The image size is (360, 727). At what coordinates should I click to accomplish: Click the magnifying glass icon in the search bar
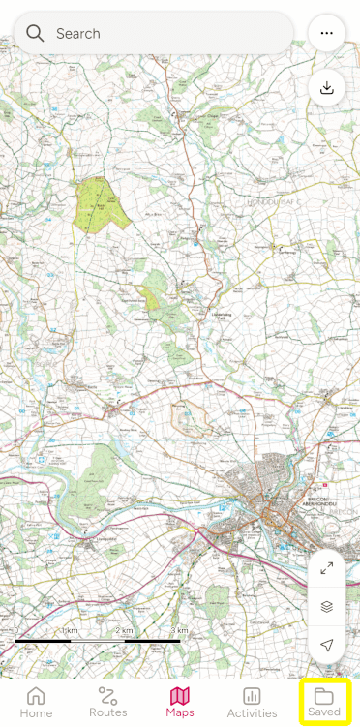[35, 33]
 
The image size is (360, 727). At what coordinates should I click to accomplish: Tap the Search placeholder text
[78, 33]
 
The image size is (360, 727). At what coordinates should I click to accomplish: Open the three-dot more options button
[326, 33]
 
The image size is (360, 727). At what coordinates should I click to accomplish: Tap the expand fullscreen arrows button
[326, 568]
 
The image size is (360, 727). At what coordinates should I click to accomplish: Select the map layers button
[326, 606]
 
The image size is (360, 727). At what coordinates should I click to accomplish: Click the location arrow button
[326, 644]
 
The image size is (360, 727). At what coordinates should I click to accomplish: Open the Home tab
[36, 702]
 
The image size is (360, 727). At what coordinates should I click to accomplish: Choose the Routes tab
[107, 702]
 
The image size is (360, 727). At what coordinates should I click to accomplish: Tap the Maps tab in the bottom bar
[180, 702]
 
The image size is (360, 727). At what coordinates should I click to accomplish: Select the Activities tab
[252, 702]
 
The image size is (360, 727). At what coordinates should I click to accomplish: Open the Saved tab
[324, 702]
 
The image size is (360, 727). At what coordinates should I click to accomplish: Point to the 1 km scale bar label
[70, 631]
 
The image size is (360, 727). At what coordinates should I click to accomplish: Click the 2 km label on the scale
[124, 631]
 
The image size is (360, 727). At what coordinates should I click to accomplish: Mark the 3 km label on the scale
[178, 631]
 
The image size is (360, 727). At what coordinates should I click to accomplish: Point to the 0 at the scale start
[16, 631]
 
